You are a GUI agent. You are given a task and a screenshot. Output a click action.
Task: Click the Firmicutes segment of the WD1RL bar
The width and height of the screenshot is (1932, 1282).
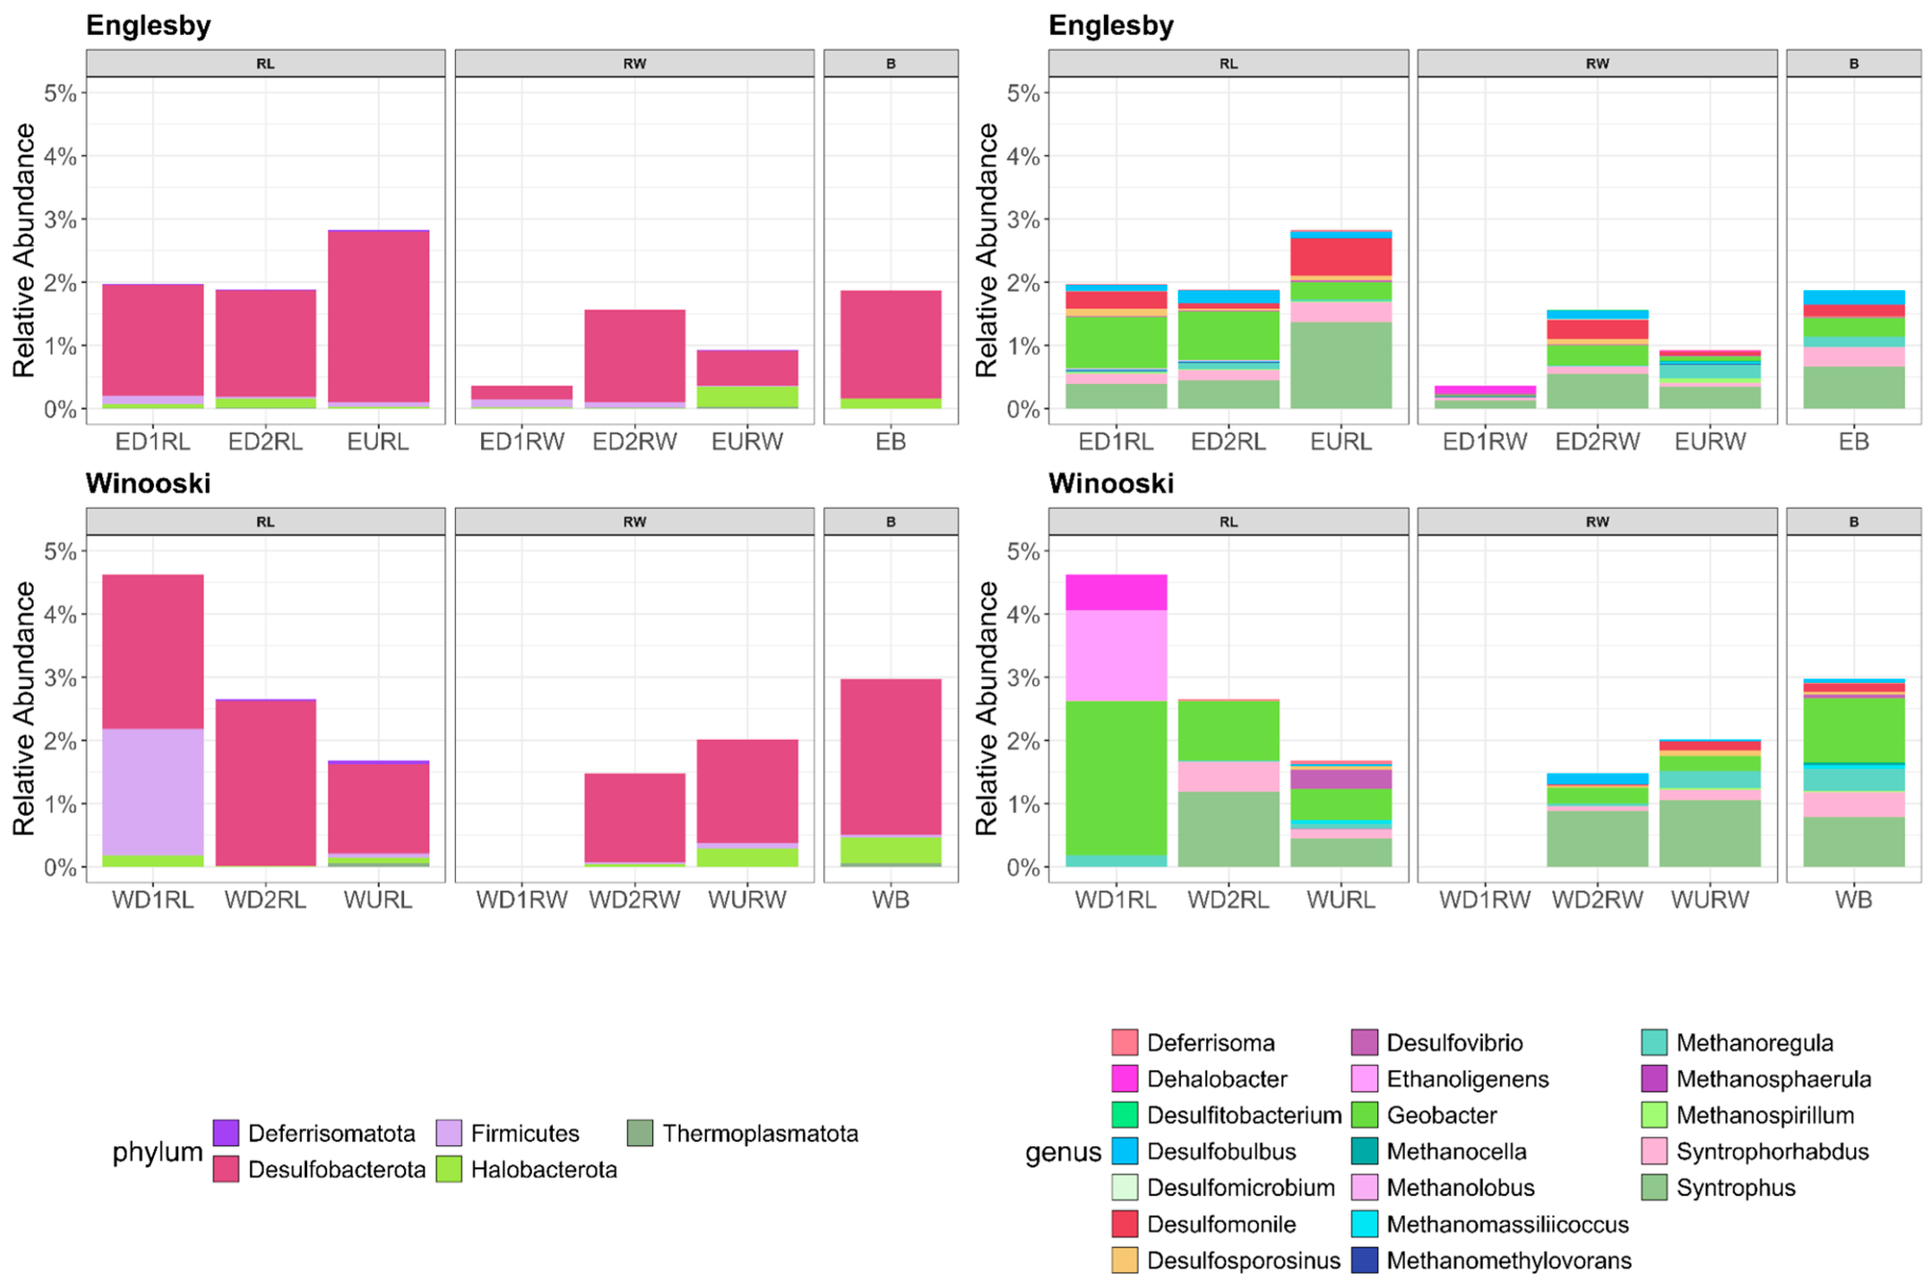pos(153,791)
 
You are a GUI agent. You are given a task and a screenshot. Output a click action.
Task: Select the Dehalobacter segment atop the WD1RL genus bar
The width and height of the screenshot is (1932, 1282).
pos(1115,592)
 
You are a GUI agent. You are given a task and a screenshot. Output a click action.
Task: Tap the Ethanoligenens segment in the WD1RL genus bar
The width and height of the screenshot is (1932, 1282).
pos(1115,655)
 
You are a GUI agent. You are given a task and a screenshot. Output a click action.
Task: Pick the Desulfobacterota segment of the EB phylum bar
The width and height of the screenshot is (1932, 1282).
pos(891,344)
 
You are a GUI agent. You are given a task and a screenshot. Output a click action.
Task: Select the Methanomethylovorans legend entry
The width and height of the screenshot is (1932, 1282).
pos(1508,1260)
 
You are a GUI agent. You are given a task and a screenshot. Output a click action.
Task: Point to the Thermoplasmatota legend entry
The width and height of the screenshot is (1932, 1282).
pos(760,1133)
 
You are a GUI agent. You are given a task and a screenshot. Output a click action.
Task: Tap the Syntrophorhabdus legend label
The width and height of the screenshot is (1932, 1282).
pos(1772,1151)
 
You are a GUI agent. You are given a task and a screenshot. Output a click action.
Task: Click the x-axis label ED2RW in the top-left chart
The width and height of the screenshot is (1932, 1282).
pos(635,442)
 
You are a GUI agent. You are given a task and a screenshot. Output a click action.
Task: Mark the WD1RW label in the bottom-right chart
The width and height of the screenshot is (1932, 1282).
pos(1484,900)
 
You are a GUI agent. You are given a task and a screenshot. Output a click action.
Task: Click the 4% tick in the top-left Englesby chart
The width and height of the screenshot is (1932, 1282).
pos(60,156)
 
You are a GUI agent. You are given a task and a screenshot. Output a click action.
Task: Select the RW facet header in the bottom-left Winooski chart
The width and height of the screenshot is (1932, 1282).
pos(635,522)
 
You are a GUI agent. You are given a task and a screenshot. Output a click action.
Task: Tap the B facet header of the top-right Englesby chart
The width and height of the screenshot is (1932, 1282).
pos(1853,64)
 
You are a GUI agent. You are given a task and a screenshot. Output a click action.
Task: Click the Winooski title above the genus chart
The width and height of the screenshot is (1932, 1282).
pos(1111,483)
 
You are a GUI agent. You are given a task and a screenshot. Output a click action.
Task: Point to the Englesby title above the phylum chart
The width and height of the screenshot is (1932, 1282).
pos(148,25)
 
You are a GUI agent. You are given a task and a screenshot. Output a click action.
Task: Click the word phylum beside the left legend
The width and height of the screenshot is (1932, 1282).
pos(157,1151)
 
